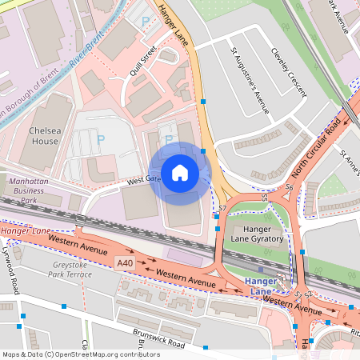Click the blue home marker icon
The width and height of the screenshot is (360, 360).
(x=180, y=172)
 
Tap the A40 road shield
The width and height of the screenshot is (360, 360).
(x=124, y=262)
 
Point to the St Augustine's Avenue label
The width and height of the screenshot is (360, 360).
(x=250, y=82)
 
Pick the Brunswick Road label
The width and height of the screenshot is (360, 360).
(x=159, y=342)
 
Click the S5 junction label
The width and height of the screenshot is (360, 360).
(x=265, y=196)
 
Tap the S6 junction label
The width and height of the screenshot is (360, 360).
(x=290, y=187)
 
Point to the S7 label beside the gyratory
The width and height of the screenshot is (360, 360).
(x=222, y=208)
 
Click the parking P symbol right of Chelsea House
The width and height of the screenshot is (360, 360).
(x=101, y=140)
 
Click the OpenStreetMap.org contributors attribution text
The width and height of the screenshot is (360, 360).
(x=104, y=354)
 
